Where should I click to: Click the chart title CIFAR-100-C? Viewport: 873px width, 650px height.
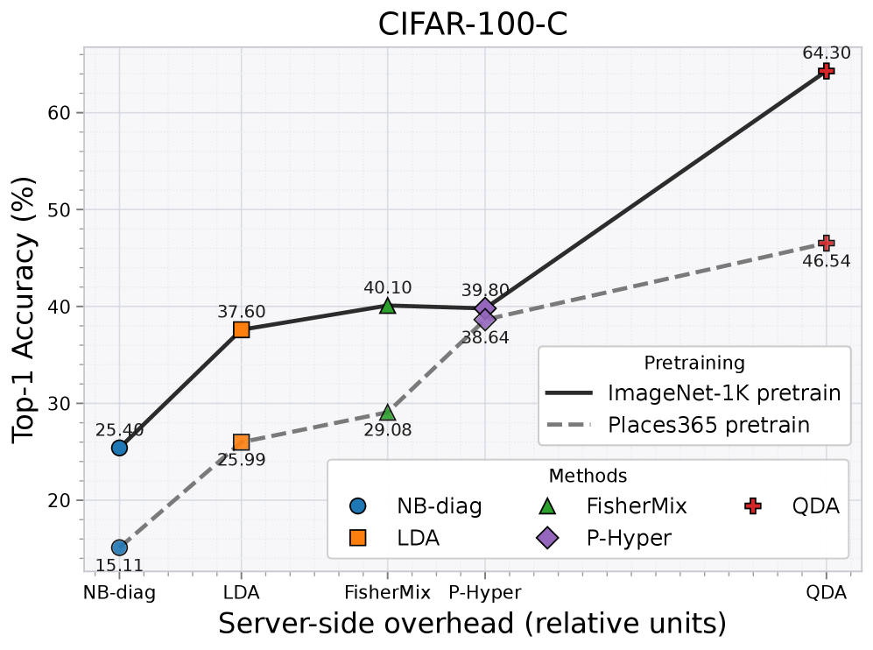[473, 24]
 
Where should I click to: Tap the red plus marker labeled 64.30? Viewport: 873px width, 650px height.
[826, 71]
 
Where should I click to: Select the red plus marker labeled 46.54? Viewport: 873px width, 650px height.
[826, 243]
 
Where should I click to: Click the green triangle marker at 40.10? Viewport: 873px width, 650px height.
[388, 306]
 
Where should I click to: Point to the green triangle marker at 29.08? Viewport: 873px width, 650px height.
[388, 413]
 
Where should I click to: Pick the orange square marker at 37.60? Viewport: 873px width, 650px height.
[242, 329]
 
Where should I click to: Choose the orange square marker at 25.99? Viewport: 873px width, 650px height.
[242, 442]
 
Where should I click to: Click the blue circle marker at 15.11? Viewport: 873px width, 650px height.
[119, 548]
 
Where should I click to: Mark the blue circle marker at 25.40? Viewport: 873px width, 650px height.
[119, 448]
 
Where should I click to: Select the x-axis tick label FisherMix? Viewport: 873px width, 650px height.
[388, 592]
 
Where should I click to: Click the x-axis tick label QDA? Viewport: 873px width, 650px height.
[826, 592]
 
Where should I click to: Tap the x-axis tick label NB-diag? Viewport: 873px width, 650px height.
[119, 592]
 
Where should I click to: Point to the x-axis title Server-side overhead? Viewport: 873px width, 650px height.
[473, 624]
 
